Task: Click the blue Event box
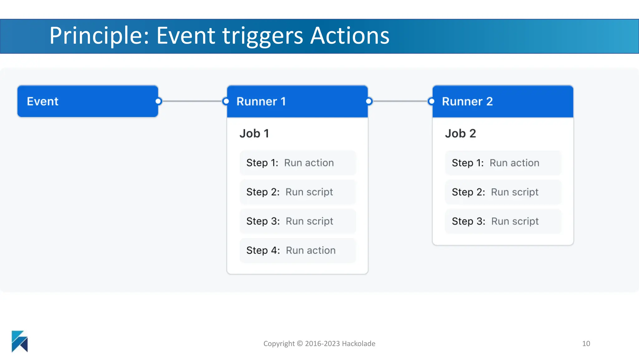point(87,101)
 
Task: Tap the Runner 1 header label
point(261,102)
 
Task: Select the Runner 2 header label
point(467,102)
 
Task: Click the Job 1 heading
point(254,133)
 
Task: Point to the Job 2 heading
point(460,133)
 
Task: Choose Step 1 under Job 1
point(297,163)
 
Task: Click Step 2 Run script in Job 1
point(297,192)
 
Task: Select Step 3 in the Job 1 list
point(297,221)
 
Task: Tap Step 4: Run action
point(297,250)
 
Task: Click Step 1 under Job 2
point(503,163)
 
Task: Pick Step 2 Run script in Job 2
point(503,192)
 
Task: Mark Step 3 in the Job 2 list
point(503,221)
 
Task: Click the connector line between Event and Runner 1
point(192,101)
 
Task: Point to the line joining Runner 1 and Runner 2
point(400,101)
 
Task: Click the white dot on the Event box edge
point(158,101)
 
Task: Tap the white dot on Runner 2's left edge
point(432,101)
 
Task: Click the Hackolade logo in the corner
point(20,341)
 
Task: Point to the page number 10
point(586,343)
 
